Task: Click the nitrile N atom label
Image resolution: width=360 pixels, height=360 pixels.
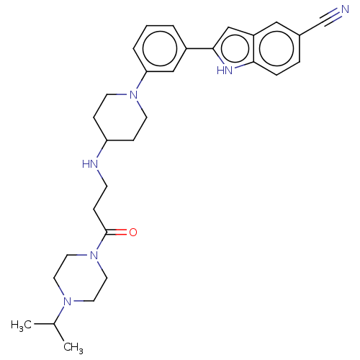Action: [x=345, y=9]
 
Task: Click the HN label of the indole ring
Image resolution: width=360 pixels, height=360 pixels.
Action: [x=225, y=71]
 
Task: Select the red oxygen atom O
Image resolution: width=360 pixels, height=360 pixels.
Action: [x=133, y=232]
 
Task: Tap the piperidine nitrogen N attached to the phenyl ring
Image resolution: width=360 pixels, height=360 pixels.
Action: [x=134, y=94]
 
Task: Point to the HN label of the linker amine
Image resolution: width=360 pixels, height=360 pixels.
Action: [x=90, y=164]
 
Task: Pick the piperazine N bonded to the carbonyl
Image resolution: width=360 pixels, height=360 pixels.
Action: [x=94, y=255]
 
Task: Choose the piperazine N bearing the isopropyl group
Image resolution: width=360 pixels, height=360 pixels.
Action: [x=68, y=301]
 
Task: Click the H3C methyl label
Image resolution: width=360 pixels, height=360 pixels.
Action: [x=21, y=325]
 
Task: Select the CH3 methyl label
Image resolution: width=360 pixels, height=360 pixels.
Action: [x=73, y=348]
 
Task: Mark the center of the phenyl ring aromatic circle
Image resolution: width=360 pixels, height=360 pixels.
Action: [x=160, y=48]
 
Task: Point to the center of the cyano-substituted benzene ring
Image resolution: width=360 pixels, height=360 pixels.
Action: [x=276, y=48]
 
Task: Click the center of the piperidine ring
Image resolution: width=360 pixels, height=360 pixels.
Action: [x=120, y=117]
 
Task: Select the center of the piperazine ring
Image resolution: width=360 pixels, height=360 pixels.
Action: [x=81, y=278]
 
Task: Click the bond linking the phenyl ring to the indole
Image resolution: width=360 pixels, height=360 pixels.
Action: [x=199, y=48]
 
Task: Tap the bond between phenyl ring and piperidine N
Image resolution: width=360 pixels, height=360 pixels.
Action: [x=142, y=80]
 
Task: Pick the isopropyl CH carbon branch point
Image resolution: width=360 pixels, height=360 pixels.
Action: [x=54, y=324]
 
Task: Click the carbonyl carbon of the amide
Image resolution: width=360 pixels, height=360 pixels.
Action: [x=107, y=232]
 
